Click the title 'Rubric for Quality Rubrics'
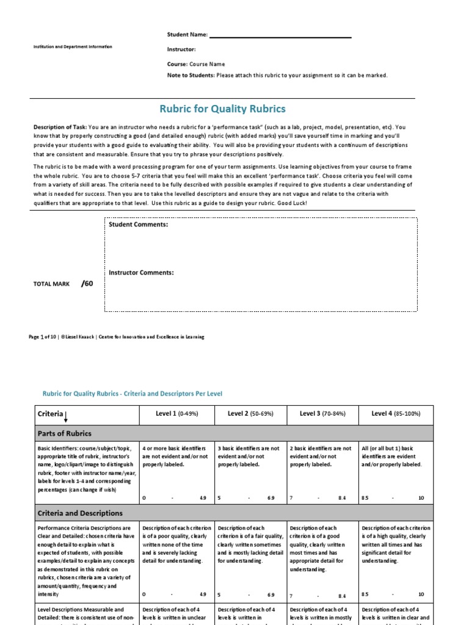(222, 109)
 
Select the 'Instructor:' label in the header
(181, 49)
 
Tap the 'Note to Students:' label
(191, 75)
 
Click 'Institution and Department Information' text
(73, 47)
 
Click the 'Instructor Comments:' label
(141, 273)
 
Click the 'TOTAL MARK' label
(52, 284)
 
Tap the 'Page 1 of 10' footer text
(45, 337)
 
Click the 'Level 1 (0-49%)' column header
(177, 414)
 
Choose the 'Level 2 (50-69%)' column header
(250, 414)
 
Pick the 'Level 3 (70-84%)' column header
(322, 414)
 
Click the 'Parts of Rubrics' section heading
(64, 433)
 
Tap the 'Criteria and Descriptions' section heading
(80, 513)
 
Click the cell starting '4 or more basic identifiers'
(175, 456)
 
